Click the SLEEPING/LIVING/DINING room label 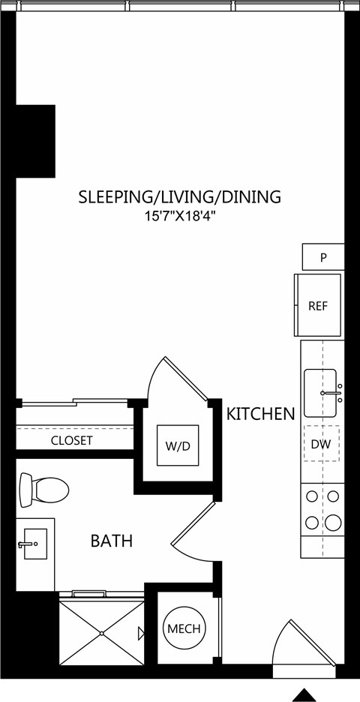point(179,197)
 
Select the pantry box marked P point(323,257)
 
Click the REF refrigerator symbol point(318,305)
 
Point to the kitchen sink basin point(320,393)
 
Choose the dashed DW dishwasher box point(322,444)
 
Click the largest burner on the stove point(333,523)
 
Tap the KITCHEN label point(260,414)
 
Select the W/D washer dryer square point(177,445)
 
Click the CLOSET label point(72,440)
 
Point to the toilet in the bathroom point(43,490)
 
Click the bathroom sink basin point(35,544)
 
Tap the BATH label point(112,541)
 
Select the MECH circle point(184,628)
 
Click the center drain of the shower point(102,633)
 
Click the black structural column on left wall point(36,141)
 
